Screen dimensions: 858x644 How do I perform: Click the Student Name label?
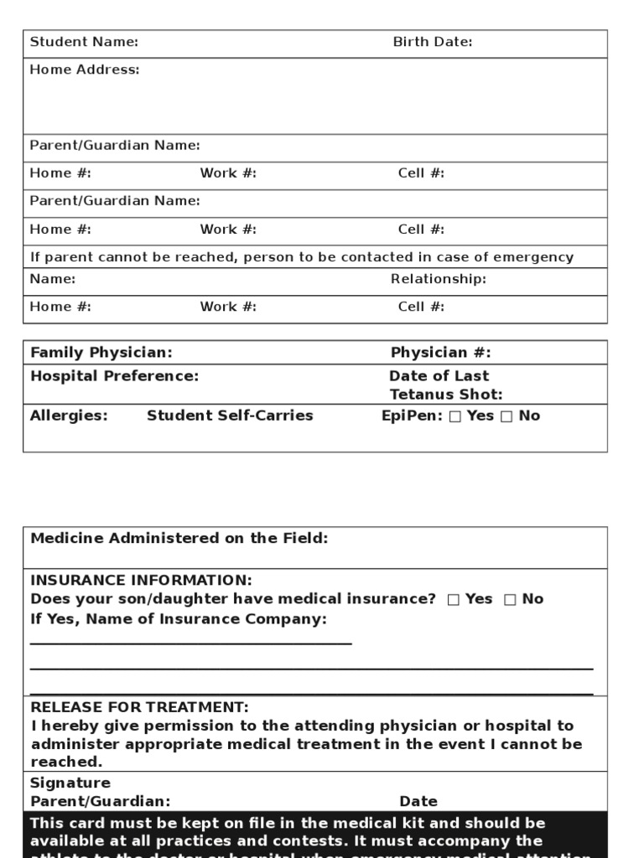84,42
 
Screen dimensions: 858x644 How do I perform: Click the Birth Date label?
433,42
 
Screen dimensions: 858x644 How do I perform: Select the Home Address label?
85,70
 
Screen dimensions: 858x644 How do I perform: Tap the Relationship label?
438,279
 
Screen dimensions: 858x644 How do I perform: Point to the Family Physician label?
101,353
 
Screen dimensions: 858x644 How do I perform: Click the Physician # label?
440,353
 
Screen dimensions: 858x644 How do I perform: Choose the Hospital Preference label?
114,376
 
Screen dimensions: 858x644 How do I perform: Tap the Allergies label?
69,416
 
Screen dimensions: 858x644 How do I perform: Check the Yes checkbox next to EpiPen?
455,416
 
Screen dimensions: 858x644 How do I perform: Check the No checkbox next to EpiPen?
506,416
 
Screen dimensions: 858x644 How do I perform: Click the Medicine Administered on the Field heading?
179,539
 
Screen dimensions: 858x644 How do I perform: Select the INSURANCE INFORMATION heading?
140,581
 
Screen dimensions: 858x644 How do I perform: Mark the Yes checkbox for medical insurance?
454,599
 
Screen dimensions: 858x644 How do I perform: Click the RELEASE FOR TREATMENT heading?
139,707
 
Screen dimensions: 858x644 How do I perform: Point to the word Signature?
70,783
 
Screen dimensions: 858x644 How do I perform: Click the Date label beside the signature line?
418,802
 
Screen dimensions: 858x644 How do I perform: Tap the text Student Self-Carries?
230,416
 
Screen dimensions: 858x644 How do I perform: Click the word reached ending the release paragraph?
65,762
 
